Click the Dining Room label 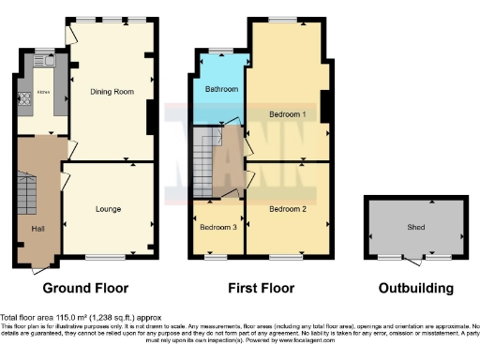[111, 92]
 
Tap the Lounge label [108, 209]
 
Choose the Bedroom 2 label [289, 208]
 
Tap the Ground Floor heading [85, 288]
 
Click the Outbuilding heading [416, 288]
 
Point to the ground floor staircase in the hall [26, 198]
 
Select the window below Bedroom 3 [216, 255]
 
